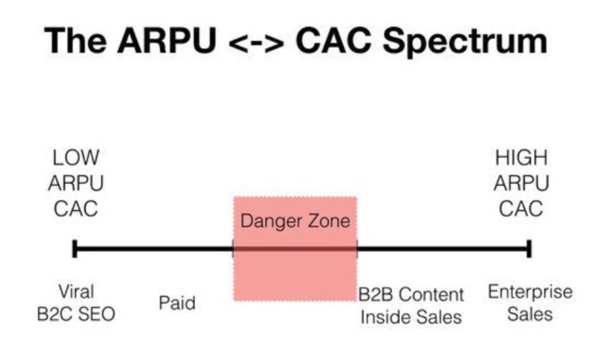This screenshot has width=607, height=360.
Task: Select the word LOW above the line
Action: click(75, 158)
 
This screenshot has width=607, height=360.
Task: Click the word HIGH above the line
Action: click(521, 158)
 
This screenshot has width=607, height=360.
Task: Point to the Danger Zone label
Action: click(295, 222)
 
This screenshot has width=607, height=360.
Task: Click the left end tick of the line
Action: click(74, 248)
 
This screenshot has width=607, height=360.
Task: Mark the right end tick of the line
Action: click(529, 248)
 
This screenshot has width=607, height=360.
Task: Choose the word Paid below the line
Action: click(177, 303)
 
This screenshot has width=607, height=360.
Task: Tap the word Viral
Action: click(75, 291)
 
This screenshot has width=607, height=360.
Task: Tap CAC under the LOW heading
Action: click(75, 207)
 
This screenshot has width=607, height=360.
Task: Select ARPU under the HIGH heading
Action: click(521, 183)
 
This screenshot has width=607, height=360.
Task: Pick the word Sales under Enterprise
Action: click(530, 314)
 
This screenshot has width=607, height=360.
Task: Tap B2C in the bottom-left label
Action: click(56, 314)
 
